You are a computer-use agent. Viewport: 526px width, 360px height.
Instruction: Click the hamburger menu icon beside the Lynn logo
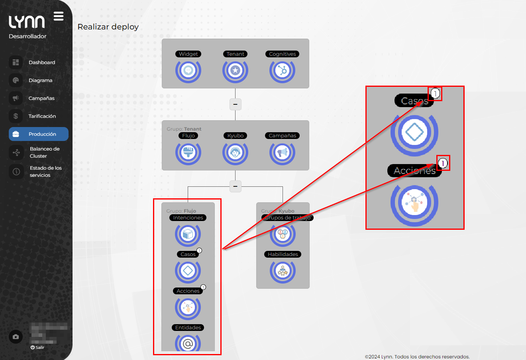[59, 16]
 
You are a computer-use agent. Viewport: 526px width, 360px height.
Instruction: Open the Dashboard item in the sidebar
[41, 63]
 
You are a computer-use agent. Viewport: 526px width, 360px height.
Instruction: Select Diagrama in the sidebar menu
[40, 80]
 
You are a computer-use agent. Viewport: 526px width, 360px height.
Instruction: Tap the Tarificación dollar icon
[16, 116]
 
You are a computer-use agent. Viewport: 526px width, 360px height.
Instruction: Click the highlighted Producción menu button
[39, 134]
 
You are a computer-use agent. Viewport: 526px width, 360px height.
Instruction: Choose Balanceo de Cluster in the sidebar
[44, 153]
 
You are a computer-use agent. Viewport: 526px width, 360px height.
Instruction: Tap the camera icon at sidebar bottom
[16, 337]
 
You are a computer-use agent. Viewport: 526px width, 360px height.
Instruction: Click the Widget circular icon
[188, 70]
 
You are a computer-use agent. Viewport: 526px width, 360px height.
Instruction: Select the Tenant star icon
[235, 70]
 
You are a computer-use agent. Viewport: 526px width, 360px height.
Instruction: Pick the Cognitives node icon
[282, 70]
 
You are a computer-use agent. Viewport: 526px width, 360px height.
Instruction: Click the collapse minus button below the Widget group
[236, 104]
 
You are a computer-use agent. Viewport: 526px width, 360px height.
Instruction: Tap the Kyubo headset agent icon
[235, 152]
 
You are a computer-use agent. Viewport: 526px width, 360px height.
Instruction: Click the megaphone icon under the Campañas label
[282, 152]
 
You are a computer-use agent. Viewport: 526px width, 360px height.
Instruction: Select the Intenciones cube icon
[188, 234]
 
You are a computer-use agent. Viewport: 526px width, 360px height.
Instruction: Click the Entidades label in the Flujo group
[188, 328]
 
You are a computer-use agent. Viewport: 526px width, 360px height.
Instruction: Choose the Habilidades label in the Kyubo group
[283, 254]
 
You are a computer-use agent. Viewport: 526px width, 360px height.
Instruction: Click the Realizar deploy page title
[108, 27]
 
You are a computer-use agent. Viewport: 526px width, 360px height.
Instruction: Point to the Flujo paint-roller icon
[188, 152]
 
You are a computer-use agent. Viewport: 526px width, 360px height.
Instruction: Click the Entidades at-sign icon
[188, 343]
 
